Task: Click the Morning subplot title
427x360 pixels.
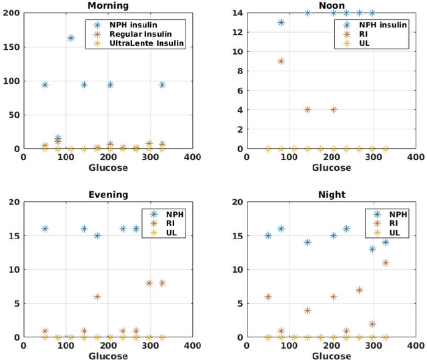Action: coord(108,5)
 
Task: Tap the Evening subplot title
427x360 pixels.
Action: coord(108,195)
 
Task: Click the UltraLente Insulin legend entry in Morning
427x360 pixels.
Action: coord(146,43)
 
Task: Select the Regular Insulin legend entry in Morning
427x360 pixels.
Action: coord(141,34)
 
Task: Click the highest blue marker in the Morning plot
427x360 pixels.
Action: coord(71,38)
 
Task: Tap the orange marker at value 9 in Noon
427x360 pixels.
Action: coord(281,61)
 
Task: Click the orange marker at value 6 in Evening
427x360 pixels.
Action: coord(97,297)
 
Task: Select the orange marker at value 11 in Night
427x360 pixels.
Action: coord(386,263)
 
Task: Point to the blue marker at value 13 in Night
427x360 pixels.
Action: coord(372,249)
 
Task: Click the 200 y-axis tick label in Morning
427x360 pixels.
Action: coord(11,13)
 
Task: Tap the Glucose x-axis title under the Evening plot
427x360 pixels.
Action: coord(108,356)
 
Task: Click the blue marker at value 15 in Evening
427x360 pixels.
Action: coord(97,235)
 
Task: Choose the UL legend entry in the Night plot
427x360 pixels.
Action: coord(393,233)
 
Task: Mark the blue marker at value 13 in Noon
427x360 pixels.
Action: coord(281,22)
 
